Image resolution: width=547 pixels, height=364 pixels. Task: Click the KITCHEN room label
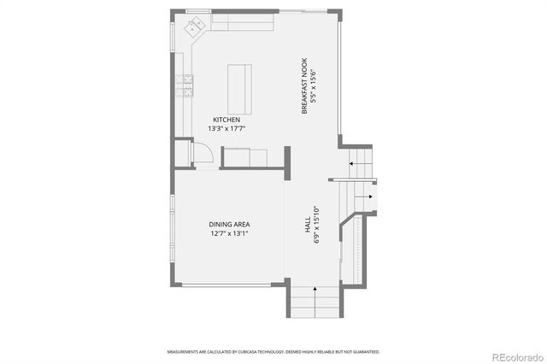[226, 120]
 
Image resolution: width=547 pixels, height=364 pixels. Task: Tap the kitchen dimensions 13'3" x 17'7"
[226, 129]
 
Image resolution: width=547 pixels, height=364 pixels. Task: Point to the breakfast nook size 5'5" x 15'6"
[313, 86]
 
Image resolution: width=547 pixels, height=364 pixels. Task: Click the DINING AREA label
[229, 224]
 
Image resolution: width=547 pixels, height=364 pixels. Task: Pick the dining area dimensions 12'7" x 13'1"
[229, 233]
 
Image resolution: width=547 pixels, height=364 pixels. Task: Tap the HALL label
[307, 226]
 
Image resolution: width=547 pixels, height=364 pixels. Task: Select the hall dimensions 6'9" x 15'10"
[316, 226]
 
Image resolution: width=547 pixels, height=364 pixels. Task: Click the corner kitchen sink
[193, 27]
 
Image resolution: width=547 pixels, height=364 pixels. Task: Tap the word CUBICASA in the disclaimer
[255, 351]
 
